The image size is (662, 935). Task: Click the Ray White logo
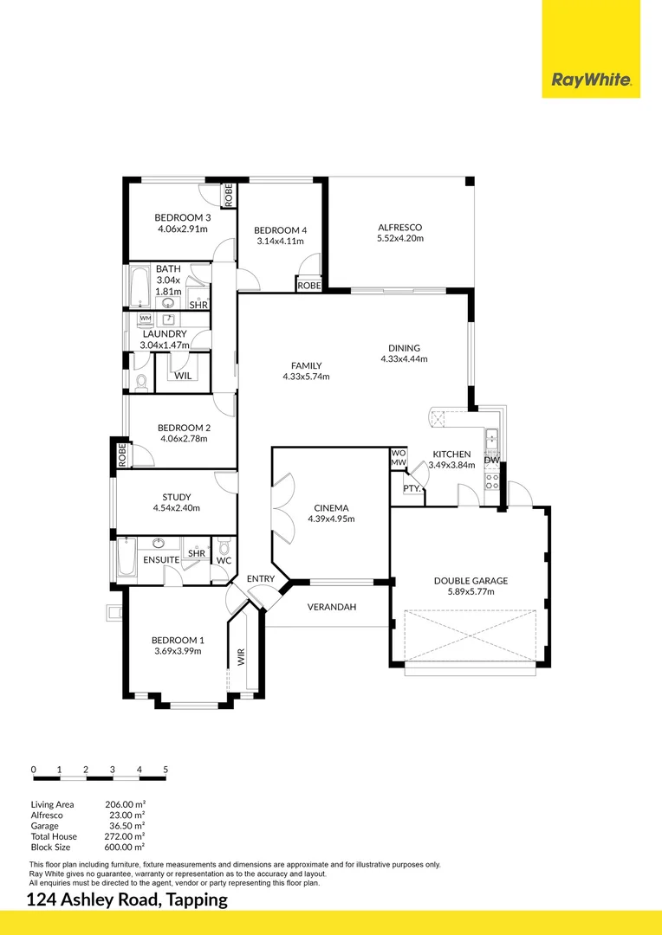(x=591, y=81)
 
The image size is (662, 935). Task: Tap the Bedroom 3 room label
(x=182, y=217)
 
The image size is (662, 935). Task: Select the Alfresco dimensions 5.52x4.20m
(x=399, y=239)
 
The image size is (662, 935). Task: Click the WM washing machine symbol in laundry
(x=145, y=319)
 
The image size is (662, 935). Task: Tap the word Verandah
(x=332, y=607)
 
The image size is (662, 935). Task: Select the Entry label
(x=261, y=578)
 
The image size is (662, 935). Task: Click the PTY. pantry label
(x=412, y=488)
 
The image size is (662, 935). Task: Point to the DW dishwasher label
(x=491, y=460)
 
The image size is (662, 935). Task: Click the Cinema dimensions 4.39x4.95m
(x=331, y=519)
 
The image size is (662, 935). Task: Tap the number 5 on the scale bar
(x=165, y=770)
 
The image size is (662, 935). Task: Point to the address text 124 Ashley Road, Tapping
(x=127, y=900)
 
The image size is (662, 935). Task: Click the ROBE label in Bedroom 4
(x=309, y=285)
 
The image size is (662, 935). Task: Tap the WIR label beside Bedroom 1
(x=242, y=657)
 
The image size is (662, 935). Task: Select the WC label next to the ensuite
(x=224, y=560)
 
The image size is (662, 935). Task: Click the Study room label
(x=176, y=497)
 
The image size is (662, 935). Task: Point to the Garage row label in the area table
(x=45, y=826)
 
